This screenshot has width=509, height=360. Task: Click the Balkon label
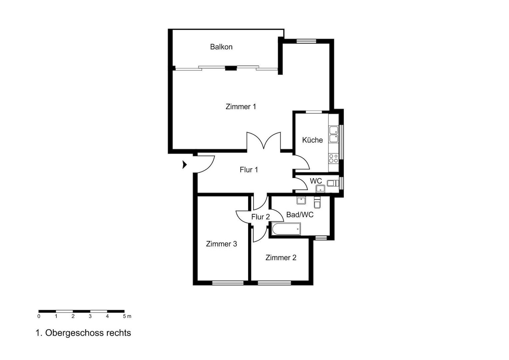coord(221,47)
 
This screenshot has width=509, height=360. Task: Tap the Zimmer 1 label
coord(241,106)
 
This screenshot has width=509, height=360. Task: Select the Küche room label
coord(312,140)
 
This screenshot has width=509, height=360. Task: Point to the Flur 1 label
coord(249,170)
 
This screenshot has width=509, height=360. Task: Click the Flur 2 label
coord(260,217)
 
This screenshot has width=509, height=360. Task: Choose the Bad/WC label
coord(300,214)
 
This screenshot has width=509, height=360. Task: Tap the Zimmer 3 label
coord(221,244)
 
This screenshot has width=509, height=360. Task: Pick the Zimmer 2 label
coord(281,257)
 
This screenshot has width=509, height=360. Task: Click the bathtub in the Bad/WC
coord(286,229)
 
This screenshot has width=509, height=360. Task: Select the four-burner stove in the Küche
coord(333,158)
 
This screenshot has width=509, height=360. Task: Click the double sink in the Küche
coord(333,134)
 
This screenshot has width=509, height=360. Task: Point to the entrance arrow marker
coord(185,165)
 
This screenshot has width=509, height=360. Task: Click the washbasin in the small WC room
coord(320,189)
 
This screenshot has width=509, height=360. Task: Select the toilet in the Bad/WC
coord(317,202)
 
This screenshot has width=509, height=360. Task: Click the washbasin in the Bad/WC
coord(301,200)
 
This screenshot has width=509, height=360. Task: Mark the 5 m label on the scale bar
coord(127,316)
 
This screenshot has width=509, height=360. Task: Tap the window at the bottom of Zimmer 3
coord(228,283)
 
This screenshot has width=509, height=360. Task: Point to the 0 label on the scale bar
coord(39,316)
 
